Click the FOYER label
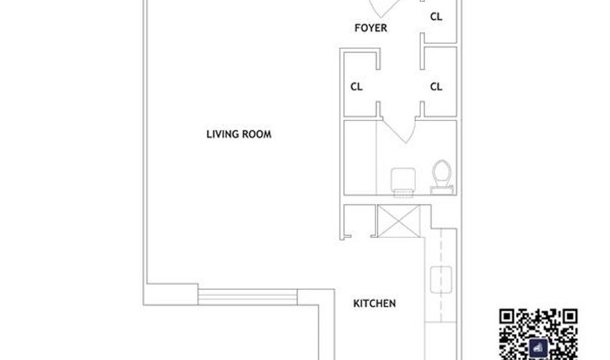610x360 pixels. (370, 28)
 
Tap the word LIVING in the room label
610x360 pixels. (223, 134)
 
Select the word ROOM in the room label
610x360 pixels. (256, 134)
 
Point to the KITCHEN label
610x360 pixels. (374, 303)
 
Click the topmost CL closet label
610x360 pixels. (436, 17)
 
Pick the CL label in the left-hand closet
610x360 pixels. (356, 87)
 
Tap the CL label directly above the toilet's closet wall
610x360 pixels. (436, 87)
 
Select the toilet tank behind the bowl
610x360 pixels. (442, 190)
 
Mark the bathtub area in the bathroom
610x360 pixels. (360, 157)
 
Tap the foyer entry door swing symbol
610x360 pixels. (384, 8)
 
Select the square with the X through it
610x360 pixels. (399, 221)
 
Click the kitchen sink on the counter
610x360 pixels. (441, 279)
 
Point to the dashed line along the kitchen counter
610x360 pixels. (441, 276)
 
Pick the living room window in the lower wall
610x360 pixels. (248, 297)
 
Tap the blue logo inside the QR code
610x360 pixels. (539, 348)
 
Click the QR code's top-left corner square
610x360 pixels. (507, 317)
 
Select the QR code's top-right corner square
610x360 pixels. (570, 317)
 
